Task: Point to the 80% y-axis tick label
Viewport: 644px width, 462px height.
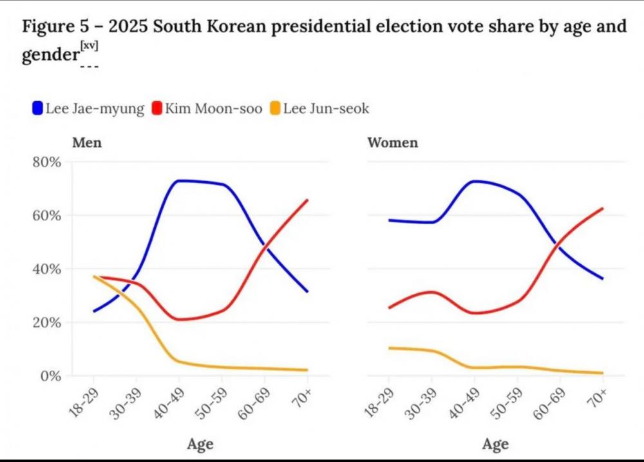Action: tap(46, 162)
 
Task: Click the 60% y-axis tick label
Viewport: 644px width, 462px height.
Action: tap(46, 215)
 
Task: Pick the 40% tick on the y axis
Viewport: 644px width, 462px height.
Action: tap(46, 269)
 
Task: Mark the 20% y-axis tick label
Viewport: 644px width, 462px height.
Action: tap(46, 322)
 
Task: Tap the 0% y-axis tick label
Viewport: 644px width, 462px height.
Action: tap(50, 376)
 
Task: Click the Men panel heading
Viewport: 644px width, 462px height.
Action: tap(87, 142)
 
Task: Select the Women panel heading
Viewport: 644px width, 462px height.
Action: tap(392, 142)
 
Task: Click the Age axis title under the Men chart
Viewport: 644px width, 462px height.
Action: tap(200, 444)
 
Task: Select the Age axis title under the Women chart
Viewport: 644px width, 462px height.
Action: tap(495, 444)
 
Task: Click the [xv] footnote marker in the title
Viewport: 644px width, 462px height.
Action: tap(89, 46)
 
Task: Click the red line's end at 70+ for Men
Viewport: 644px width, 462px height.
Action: tap(307, 200)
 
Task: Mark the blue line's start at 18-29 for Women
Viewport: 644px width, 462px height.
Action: tap(389, 220)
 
